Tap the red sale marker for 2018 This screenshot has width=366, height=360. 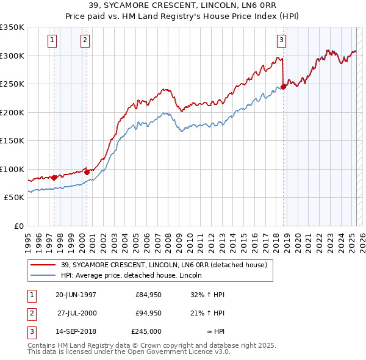284,87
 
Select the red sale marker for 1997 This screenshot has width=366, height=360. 54,178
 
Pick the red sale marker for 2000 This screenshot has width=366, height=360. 87,172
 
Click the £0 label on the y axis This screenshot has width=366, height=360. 18,226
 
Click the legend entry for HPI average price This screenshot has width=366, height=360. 135,276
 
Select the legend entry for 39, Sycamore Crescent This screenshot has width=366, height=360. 163,265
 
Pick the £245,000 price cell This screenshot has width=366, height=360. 146,331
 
